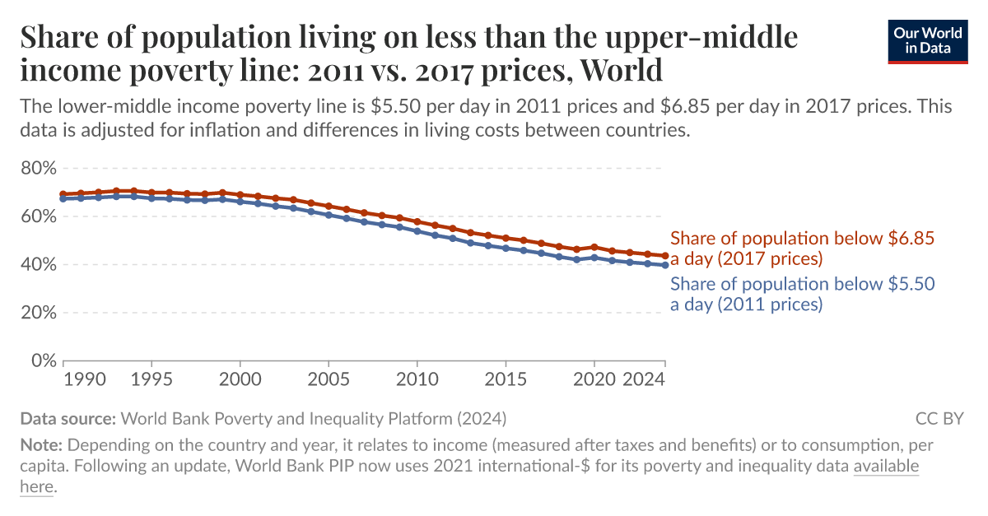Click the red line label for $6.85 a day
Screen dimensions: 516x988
(803, 249)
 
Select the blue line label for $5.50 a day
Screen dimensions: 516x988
(803, 294)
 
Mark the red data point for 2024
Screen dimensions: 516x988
(664, 256)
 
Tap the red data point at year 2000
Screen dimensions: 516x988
(240, 195)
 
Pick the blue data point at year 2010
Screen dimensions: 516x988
(417, 231)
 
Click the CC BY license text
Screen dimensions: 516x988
(939, 418)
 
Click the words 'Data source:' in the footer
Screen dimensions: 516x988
(68, 418)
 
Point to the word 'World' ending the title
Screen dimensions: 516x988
(621, 71)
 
